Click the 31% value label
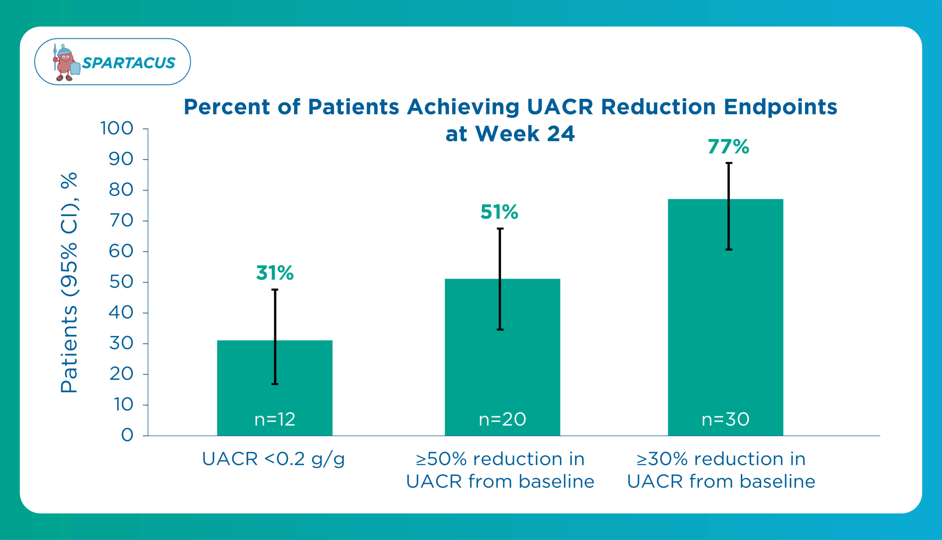(x=275, y=273)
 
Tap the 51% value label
(x=499, y=212)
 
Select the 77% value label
(x=728, y=147)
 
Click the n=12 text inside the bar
(x=275, y=419)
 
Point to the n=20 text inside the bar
(x=502, y=419)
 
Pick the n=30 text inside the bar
(x=725, y=419)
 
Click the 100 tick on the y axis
(x=117, y=129)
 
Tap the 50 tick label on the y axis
(x=121, y=282)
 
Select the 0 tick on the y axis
(x=127, y=435)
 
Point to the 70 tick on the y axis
(x=121, y=221)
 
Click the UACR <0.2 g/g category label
(x=273, y=459)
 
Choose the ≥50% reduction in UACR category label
(x=500, y=470)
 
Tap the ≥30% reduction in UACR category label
(x=721, y=470)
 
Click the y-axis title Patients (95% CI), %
(x=69, y=283)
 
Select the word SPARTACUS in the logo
(x=128, y=63)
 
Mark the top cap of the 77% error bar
(x=729, y=163)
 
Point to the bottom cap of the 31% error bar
(x=275, y=384)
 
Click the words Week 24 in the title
(x=525, y=133)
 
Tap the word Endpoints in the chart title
(x=780, y=107)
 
